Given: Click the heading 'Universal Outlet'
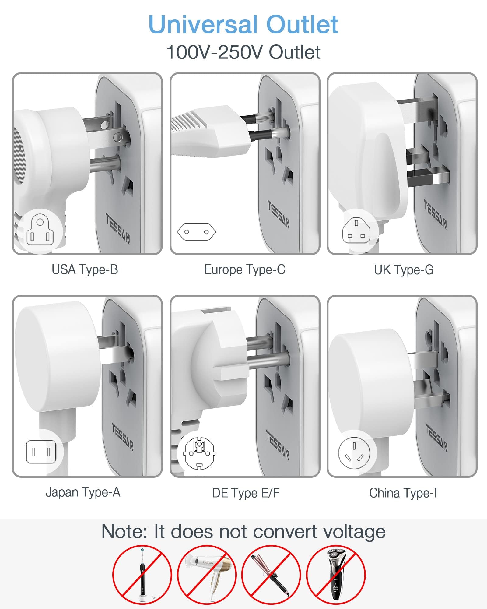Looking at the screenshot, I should click(x=243, y=24).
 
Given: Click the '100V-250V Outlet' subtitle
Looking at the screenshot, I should click(x=243, y=52).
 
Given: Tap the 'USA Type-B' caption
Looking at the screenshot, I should click(x=85, y=269).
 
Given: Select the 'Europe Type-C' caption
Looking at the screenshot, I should click(x=245, y=269).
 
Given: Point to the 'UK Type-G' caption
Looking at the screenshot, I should click(x=404, y=270).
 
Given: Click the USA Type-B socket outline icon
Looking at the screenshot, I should click(x=40, y=230).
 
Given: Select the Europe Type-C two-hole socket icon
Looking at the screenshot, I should click(x=197, y=232).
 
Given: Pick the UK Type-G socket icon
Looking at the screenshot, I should click(x=356, y=231).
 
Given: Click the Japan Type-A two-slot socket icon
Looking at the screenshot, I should click(x=41, y=452).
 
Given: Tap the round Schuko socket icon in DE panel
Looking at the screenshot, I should click(x=199, y=452).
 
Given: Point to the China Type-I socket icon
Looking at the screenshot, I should click(x=354, y=453).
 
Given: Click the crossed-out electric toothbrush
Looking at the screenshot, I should click(x=142, y=575).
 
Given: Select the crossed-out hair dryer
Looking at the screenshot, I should click(x=207, y=575).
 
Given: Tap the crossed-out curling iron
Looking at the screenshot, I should click(x=271, y=575).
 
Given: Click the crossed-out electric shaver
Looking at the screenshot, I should click(x=335, y=575).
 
